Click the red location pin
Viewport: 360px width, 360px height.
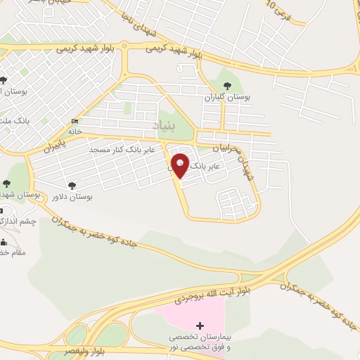180,165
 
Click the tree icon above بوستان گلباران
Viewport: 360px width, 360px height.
226,86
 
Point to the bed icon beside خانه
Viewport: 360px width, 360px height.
75,122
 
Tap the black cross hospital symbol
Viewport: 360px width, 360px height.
200,326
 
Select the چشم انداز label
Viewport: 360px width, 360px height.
17,221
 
